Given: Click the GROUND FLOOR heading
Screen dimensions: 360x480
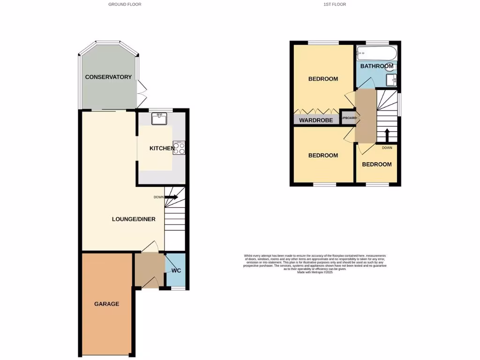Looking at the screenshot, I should [x=125, y=4].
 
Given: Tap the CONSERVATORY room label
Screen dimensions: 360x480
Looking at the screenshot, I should [x=108, y=77].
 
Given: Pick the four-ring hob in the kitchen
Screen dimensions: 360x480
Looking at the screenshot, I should [x=179, y=148].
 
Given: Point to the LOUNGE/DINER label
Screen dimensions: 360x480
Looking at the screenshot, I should [x=134, y=219].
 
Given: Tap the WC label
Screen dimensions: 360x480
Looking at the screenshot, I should [x=176, y=271].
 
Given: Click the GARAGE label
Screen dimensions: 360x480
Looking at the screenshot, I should [x=107, y=304].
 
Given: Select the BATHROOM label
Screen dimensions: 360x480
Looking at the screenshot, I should [x=376, y=66].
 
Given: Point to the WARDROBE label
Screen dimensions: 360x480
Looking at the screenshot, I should [x=316, y=120].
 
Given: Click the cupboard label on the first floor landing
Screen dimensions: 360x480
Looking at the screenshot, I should [x=348, y=118].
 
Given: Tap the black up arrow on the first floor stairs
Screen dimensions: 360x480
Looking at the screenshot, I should [x=387, y=135].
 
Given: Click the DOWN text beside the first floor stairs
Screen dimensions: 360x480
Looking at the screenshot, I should [x=387, y=148].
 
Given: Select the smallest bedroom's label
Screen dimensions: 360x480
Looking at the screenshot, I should [x=376, y=164].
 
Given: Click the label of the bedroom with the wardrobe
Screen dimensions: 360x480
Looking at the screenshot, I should [x=323, y=79].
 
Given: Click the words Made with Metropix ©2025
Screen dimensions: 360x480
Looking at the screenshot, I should [x=315, y=272].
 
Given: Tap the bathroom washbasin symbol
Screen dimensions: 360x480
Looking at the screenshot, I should [x=392, y=81].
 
